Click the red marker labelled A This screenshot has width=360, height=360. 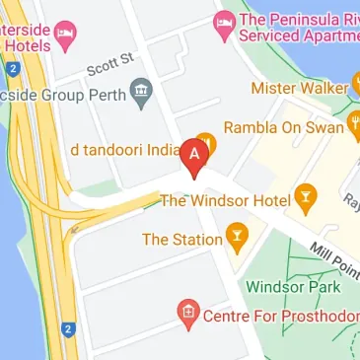click(196, 157)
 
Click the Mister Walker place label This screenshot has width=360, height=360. click(298, 88)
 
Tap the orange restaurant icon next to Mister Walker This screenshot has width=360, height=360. click(355, 87)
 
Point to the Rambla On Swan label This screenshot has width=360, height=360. click(282, 127)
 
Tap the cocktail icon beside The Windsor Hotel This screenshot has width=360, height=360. click(305, 197)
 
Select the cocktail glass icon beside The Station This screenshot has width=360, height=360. click(235, 237)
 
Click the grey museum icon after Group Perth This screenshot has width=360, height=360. click(140, 95)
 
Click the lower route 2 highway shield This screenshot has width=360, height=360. click(67, 329)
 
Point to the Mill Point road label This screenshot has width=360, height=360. click(331, 258)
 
